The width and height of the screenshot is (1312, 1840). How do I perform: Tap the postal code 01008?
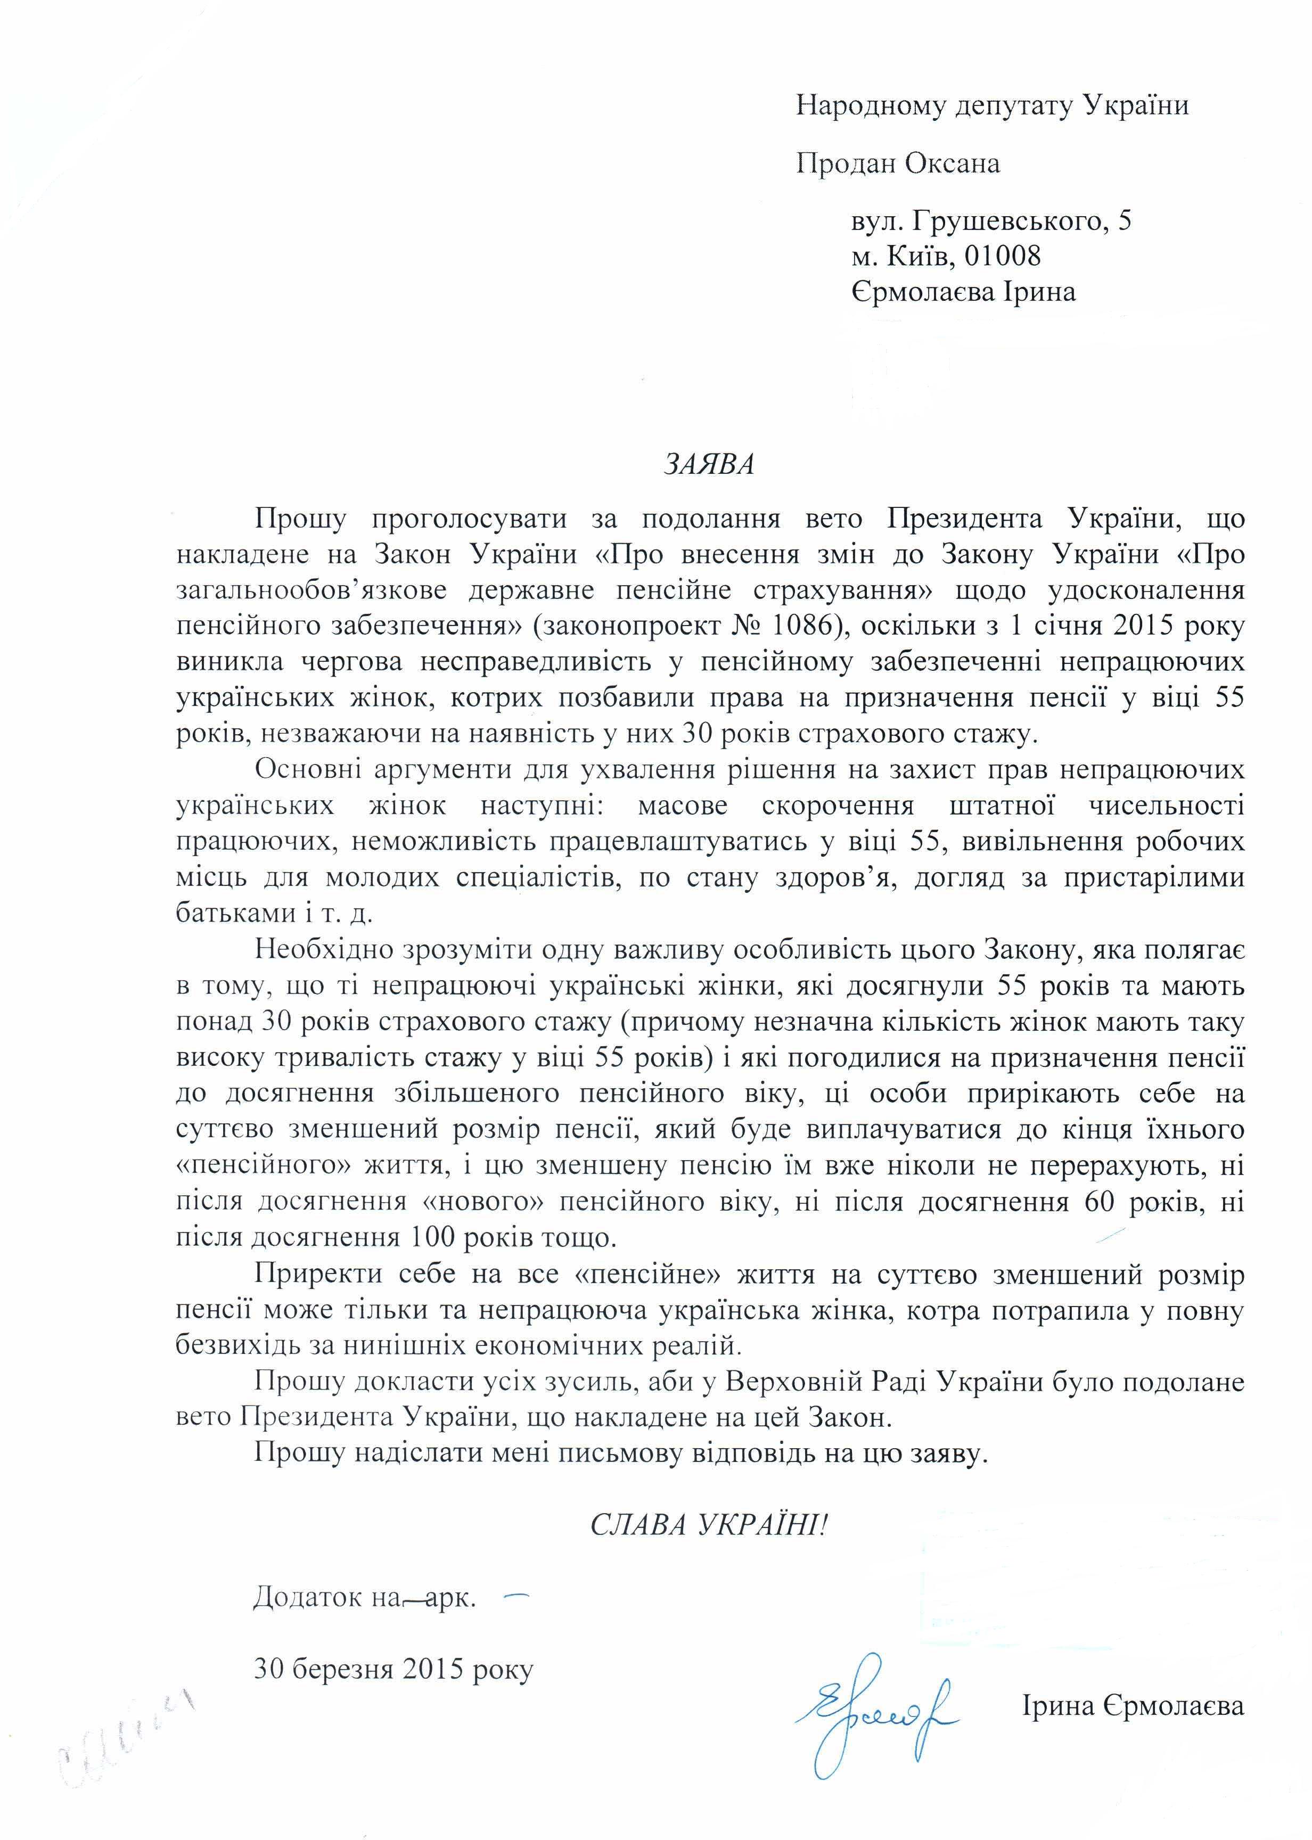point(1002,256)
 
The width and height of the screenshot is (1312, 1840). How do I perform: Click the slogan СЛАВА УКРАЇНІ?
point(709,1525)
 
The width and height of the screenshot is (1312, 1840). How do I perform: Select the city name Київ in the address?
point(913,256)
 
